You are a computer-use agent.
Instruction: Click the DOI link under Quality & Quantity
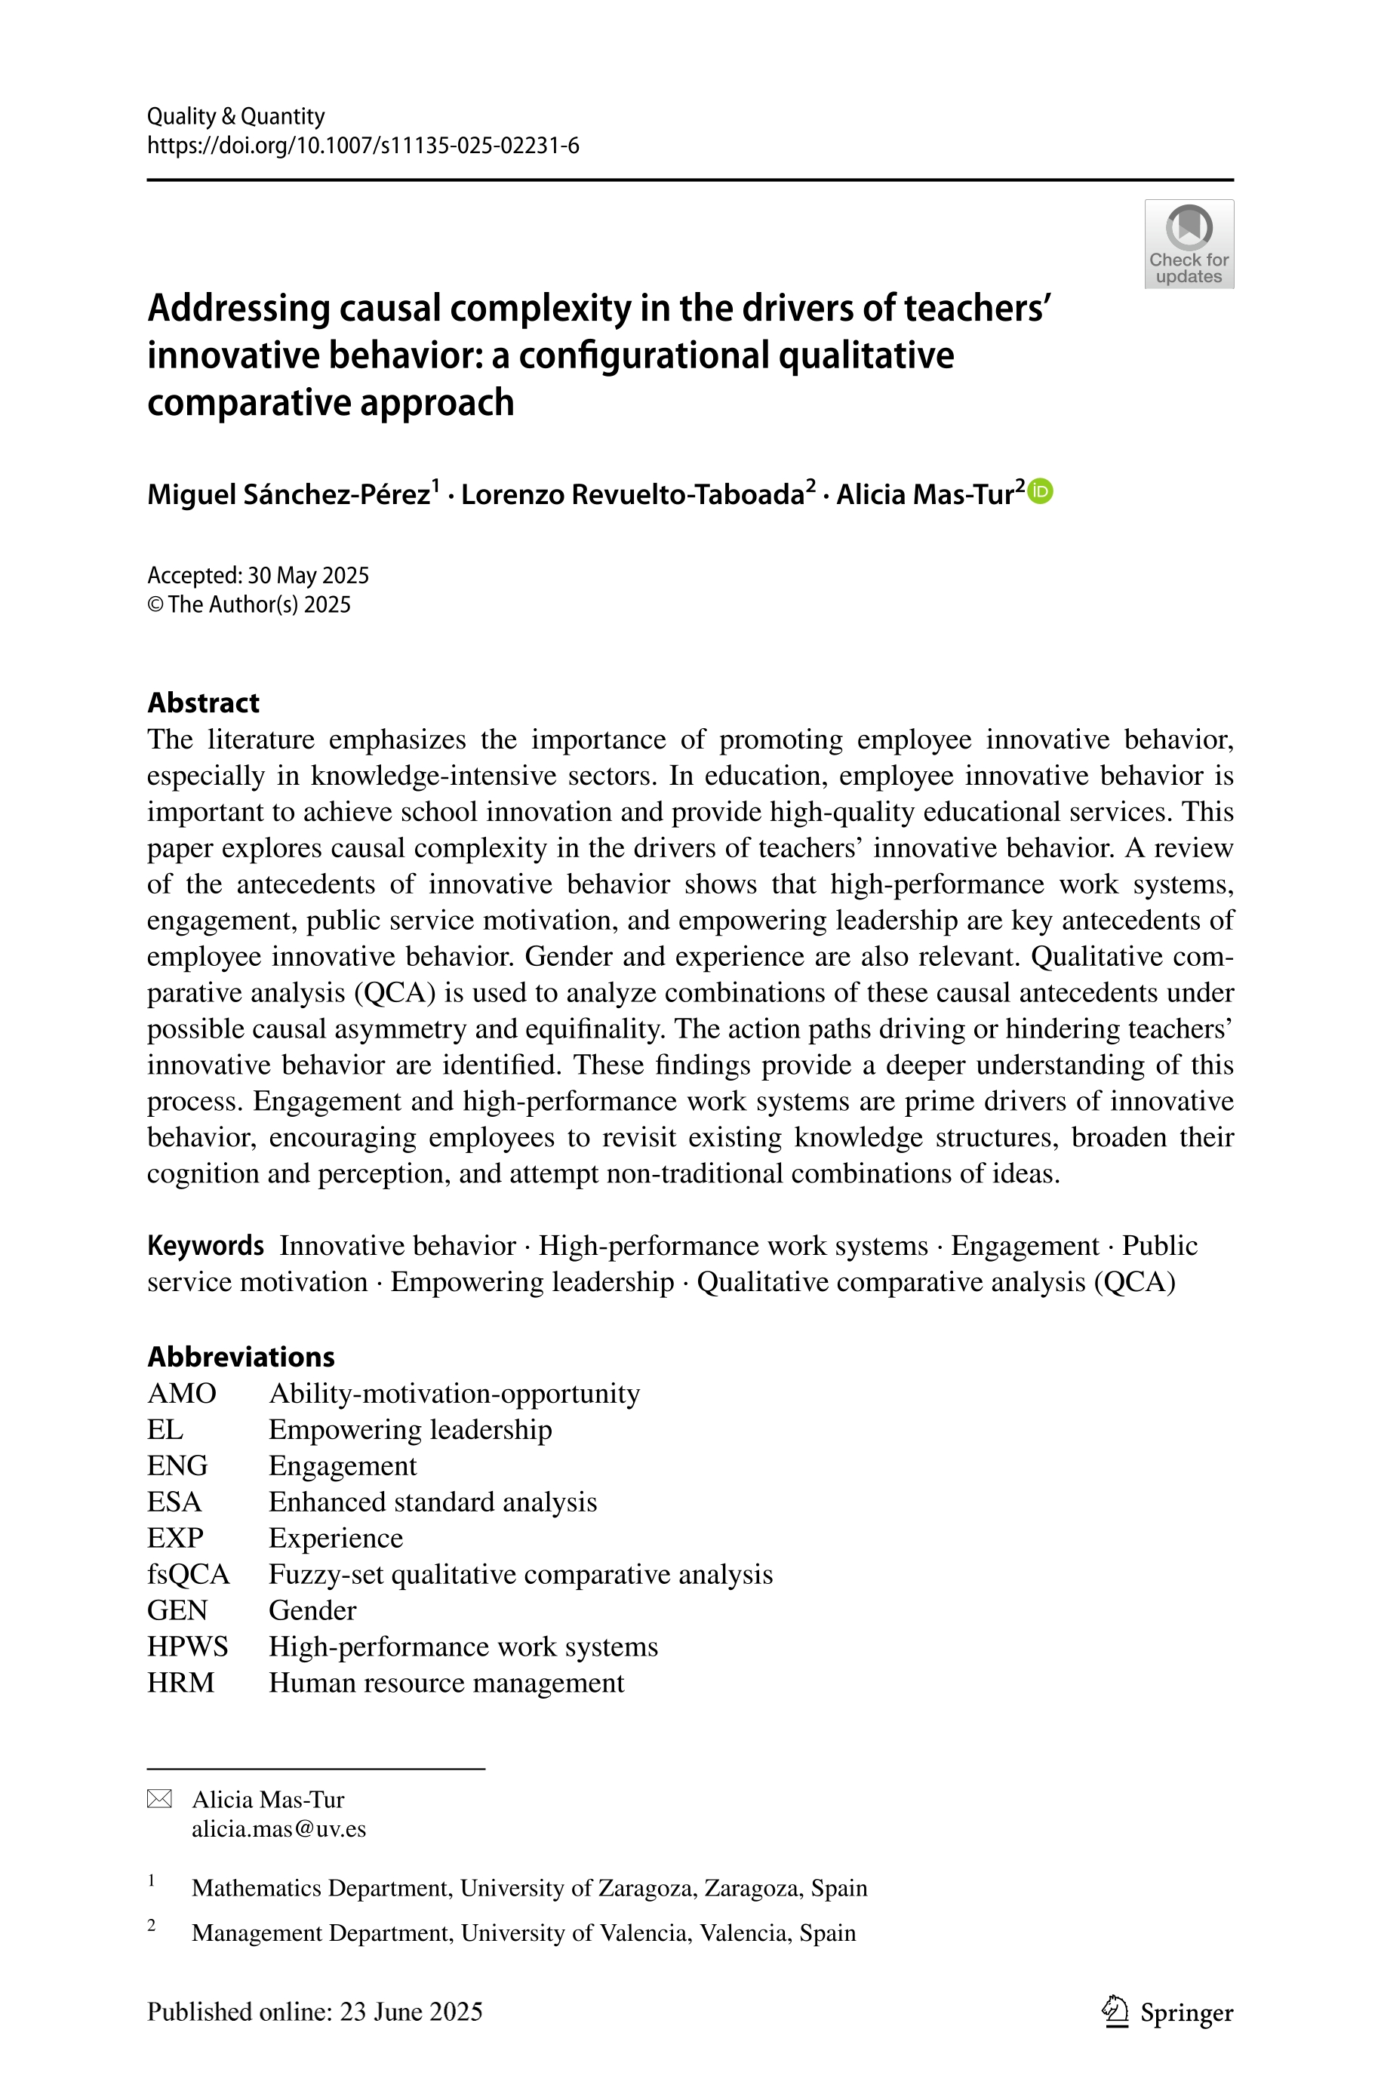tap(363, 146)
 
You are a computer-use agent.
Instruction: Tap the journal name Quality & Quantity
tap(236, 116)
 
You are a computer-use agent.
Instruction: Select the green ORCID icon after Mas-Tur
tap(1041, 490)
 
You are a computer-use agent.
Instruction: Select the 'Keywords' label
tap(205, 1245)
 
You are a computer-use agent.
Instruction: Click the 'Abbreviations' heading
tap(241, 1356)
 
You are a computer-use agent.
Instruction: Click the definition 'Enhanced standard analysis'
tap(432, 1502)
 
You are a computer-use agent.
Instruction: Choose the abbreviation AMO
tap(181, 1393)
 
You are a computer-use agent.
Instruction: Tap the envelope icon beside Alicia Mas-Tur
tap(159, 1799)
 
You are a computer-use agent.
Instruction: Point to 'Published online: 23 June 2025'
tap(315, 2012)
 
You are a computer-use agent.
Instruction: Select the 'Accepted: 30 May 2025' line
tap(258, 575)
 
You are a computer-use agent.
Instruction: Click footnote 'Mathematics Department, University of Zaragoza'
tap(528, 1888)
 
